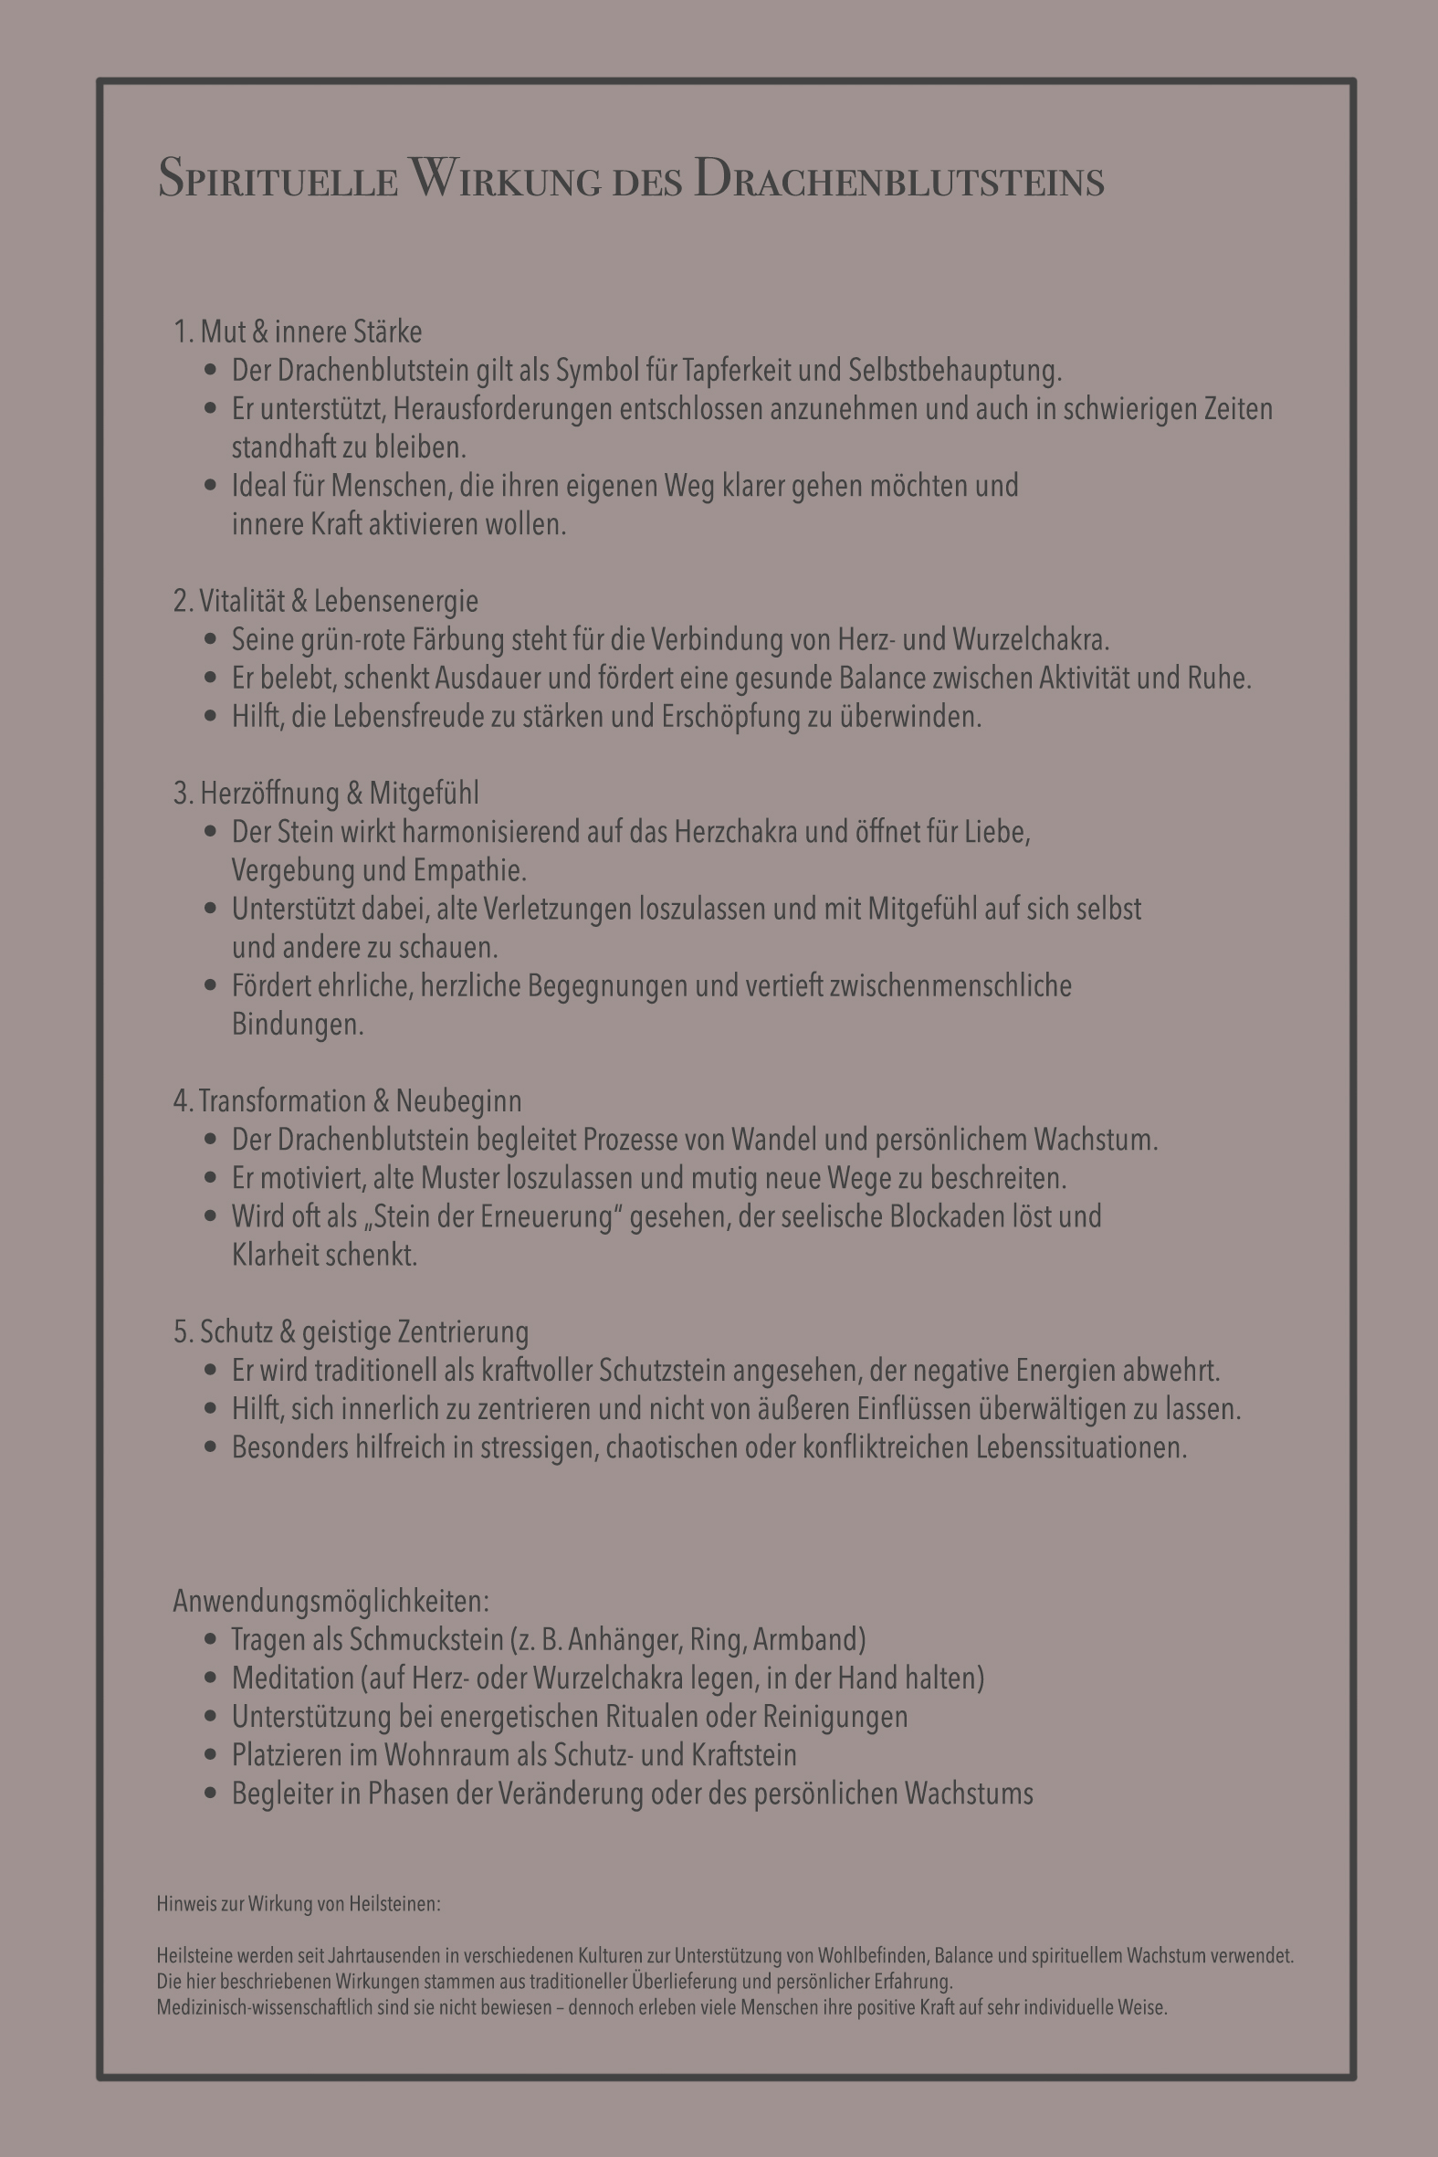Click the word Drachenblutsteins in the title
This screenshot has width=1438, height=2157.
click(x=898, y=178)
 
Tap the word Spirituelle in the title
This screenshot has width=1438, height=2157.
click(x=278, y=178)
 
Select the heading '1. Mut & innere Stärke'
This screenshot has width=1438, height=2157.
click(x=297, y=331)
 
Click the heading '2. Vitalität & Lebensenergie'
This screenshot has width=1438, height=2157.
click(x=326, y=601)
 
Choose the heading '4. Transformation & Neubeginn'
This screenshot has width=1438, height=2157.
click(x=348, y=1100)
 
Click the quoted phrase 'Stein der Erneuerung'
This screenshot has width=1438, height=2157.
click(x=485, y=1217)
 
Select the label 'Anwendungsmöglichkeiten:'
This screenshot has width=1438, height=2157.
click(x=331, y=1600)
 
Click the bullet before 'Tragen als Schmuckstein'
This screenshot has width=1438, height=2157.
click(x=212, y=1639)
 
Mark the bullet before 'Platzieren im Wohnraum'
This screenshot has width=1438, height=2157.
click(x=212, y=1754)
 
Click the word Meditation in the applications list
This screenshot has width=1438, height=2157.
click(x=292, y=1678)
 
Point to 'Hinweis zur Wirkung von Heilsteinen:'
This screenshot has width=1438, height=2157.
click(x=298, y=1903)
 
